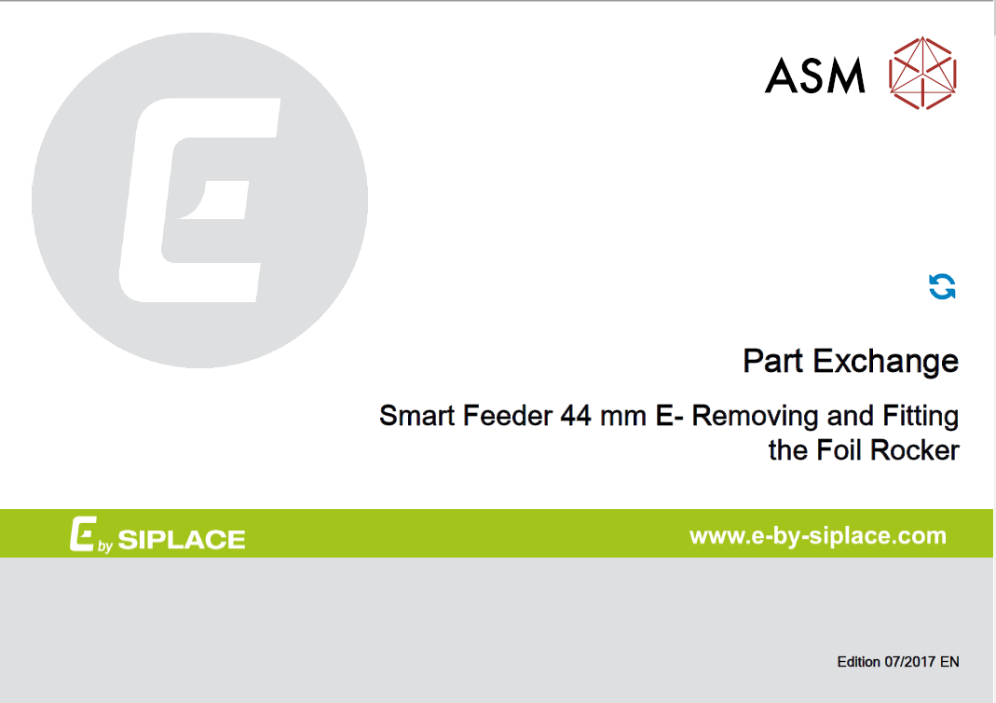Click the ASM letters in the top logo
pos(814,76)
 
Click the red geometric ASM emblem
pos(923,72)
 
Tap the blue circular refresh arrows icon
pos(943,287)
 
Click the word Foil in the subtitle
pos(839,450)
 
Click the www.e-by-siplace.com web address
pos(817,536)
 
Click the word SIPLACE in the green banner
pos(183,539)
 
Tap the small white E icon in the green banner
pos(81,535)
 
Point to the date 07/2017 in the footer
pos(908,662)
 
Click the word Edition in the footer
pos(858,662)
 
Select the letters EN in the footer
pos(948,662)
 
